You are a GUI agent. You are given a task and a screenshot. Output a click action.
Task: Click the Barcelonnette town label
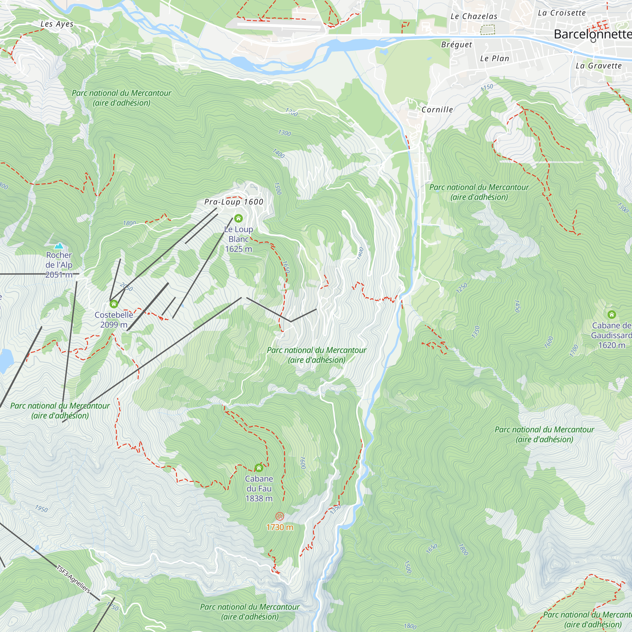point(592,34)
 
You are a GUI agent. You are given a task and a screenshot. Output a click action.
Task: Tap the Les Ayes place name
point(57,24)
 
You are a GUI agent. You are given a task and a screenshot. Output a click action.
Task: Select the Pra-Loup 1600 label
point(234,202)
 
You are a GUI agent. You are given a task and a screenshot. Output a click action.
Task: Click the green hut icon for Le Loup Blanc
point(239,218)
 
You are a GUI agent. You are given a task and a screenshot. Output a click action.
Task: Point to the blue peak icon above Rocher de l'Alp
point(59,246)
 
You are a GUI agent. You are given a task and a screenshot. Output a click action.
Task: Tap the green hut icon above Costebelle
point(113,304)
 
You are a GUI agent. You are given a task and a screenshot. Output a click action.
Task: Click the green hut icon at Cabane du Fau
point(259,468)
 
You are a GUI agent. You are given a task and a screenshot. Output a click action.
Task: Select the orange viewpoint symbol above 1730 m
point(279,517)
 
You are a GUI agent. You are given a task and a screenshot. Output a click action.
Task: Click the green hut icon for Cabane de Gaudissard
point(611,315)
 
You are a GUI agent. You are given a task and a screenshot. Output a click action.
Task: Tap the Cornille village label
point(437,110)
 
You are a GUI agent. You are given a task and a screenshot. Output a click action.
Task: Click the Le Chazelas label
point(474,16)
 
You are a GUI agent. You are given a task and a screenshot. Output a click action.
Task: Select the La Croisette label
point(562,13)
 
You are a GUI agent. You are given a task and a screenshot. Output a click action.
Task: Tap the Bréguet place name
point(456,45)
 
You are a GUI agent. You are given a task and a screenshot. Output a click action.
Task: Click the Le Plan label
point(495,58)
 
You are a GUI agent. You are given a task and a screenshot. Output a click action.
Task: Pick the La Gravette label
point(598,66)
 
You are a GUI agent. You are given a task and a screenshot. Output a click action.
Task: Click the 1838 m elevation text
point(259,499)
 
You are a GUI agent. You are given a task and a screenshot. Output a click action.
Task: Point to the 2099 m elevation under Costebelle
point(113,325)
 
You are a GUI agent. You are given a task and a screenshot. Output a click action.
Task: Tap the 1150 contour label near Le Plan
point(487,87)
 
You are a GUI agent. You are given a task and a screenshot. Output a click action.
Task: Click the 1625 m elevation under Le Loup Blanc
point(239,249)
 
